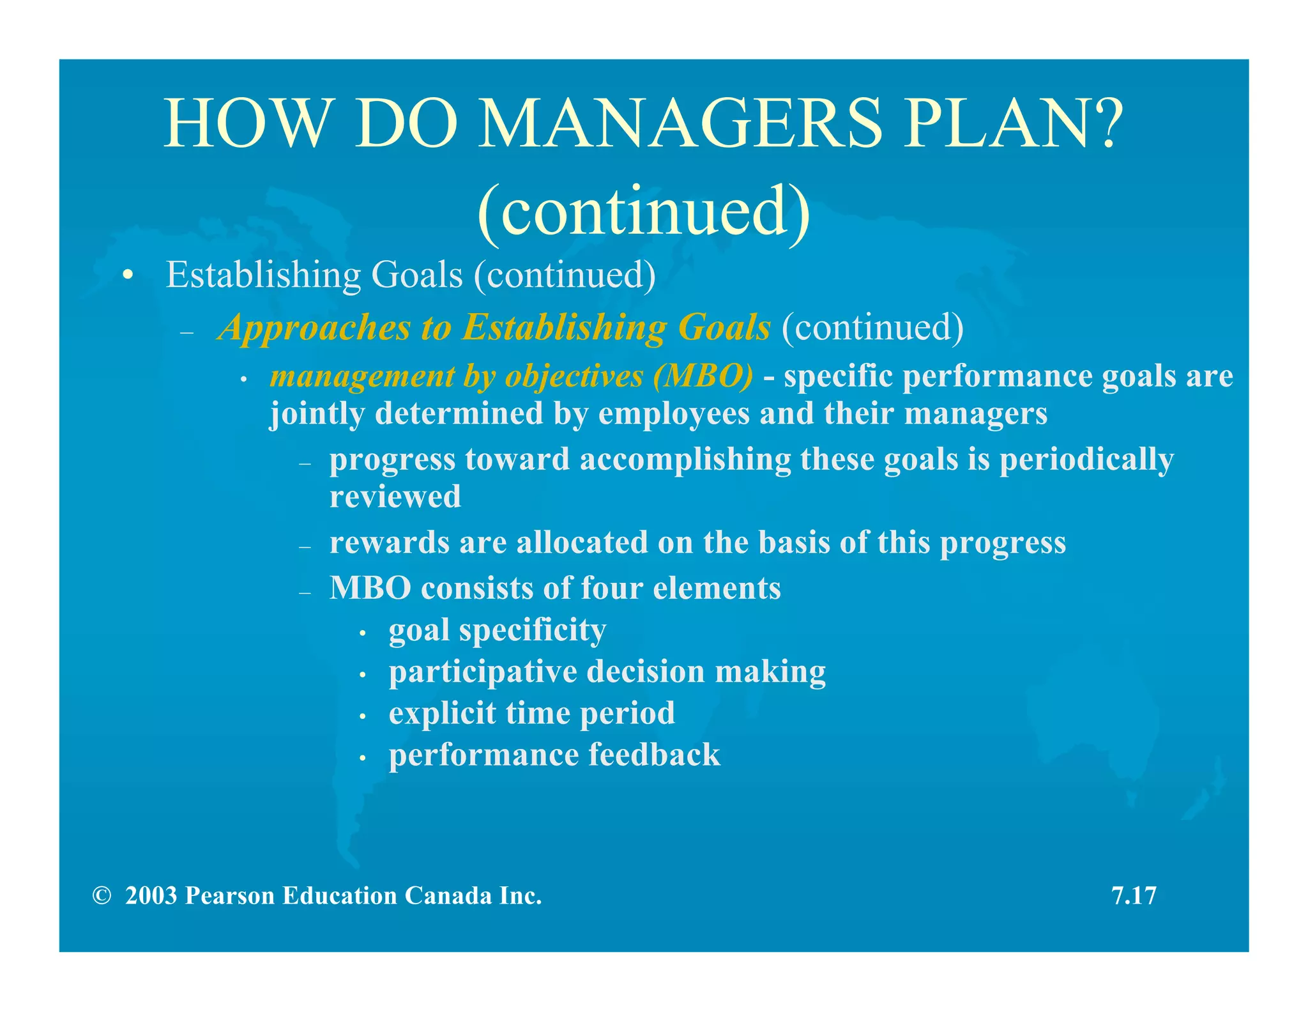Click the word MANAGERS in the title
pyautogui.click(x=680, y=123)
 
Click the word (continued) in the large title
pyautogui.click(x=644, y=211)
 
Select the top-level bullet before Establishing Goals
pyautogui.click(x=128, y=276)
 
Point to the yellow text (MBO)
pyautogui.click(x=703, y=376)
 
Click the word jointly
pyautogui.click(x=316, y=414)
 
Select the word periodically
pyautogui.click(x=1086, y=460)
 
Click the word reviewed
pyautogui.click(x=395, y=497)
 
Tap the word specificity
pyautogui.click(x=532, y=630)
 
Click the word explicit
pyautogui.click(x=442, y=713)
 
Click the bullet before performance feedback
pyautogui.click(x=362, y=758)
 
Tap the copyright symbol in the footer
pyautogui.click(x=102, y=896)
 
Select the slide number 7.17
pyautogui.click(x=1134, y=896)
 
